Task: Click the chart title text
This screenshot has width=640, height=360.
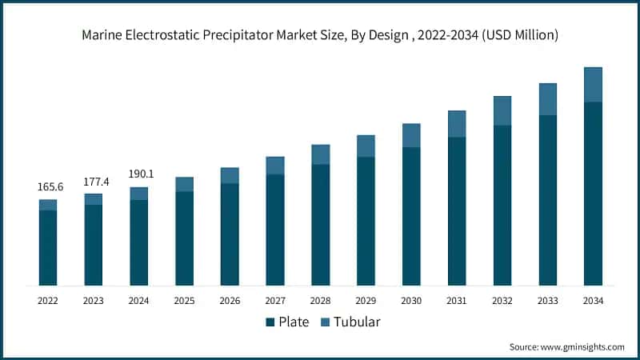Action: pos(320,35)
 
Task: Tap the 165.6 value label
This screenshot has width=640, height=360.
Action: pos(48,186)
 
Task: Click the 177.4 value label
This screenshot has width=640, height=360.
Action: pos(94,181)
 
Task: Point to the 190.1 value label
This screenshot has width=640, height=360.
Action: pos(139,174)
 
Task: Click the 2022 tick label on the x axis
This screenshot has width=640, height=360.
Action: pos(48,301)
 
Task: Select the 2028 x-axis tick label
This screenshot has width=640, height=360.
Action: pos(320,301)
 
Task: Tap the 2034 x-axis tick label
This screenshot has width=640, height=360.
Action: pos(593,301)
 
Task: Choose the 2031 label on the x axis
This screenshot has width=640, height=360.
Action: pos(457,301)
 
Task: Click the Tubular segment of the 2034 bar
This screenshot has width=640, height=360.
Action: pos(593,85)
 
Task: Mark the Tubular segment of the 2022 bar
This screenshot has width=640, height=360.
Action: pos(48,205)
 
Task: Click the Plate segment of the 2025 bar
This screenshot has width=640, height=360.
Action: pos(184,238)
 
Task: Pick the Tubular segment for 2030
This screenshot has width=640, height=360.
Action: pos(411,135)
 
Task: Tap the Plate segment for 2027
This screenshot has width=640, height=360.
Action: pos(275,230)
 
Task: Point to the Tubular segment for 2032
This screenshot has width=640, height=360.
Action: pos(502,110)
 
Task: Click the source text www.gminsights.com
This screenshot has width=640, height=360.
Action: pos(567,346)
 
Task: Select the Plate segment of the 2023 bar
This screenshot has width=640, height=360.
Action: pos(94,245)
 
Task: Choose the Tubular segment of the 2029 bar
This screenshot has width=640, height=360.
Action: pos(366,146)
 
